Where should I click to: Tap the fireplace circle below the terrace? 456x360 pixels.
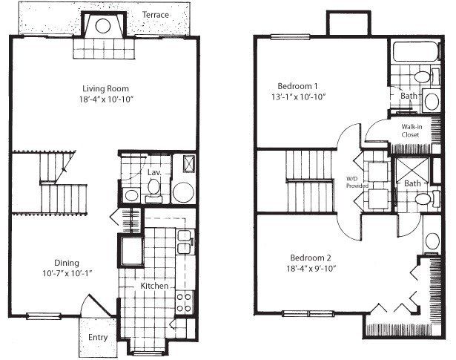(x=105, y=27)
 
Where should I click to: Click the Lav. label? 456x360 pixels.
(x=154, y=173)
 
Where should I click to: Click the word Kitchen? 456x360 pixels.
(x=154, y=286)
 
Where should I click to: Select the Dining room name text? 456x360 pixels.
(x=66, y=262)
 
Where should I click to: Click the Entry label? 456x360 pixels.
(x=98, y=338)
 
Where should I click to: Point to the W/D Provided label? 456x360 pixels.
(x=352, y=182)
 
